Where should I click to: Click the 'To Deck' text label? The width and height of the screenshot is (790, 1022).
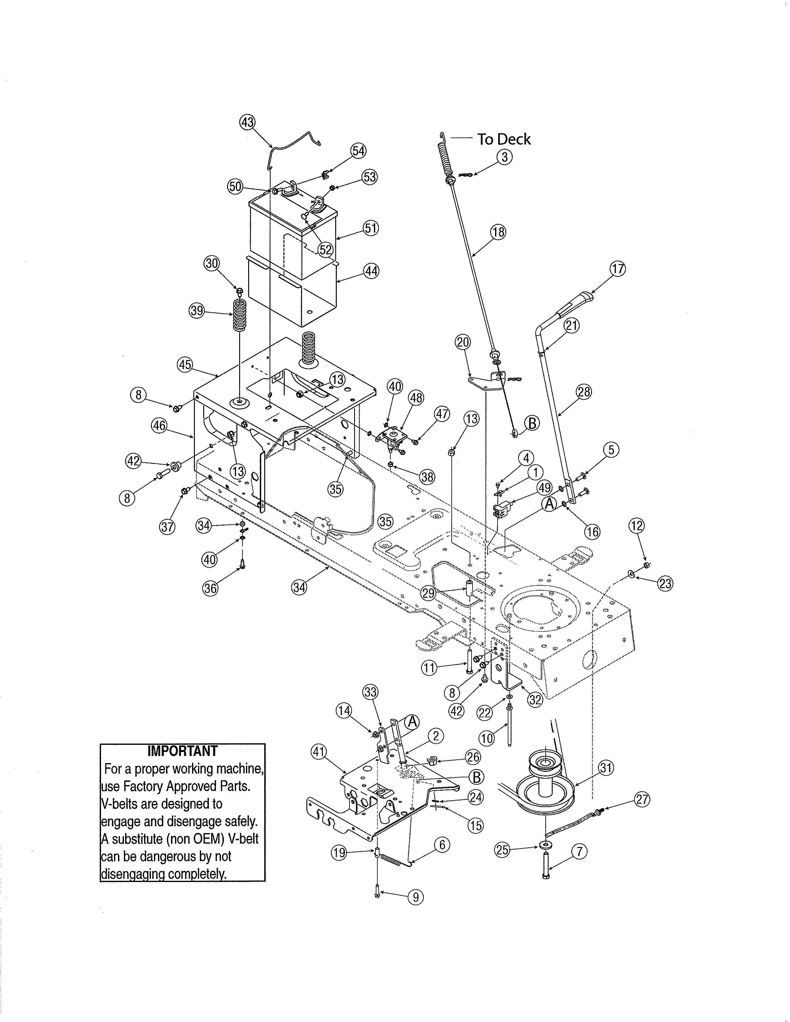[x=503, y=139]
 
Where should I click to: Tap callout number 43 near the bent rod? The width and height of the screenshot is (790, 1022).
[x=247, y=123]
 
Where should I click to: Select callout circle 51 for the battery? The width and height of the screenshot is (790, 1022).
[x=371, y=228]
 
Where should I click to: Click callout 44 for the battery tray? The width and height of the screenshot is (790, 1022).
[x=371, y=271]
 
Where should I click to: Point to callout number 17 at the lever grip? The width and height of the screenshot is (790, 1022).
[x=618, y=269]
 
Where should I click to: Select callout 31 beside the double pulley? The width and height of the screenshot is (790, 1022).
[x=606, y=768]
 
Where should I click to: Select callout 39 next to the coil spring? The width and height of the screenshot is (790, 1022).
[x=197, y=311]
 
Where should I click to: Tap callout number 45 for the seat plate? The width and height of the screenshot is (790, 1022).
[x=185, y=365]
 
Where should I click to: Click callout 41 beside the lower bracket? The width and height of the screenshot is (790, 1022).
[x=319, y=752]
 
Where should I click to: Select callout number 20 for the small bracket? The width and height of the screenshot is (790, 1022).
[x=463, y=342]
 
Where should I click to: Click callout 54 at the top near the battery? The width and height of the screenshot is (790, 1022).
[x=358, y=151]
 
